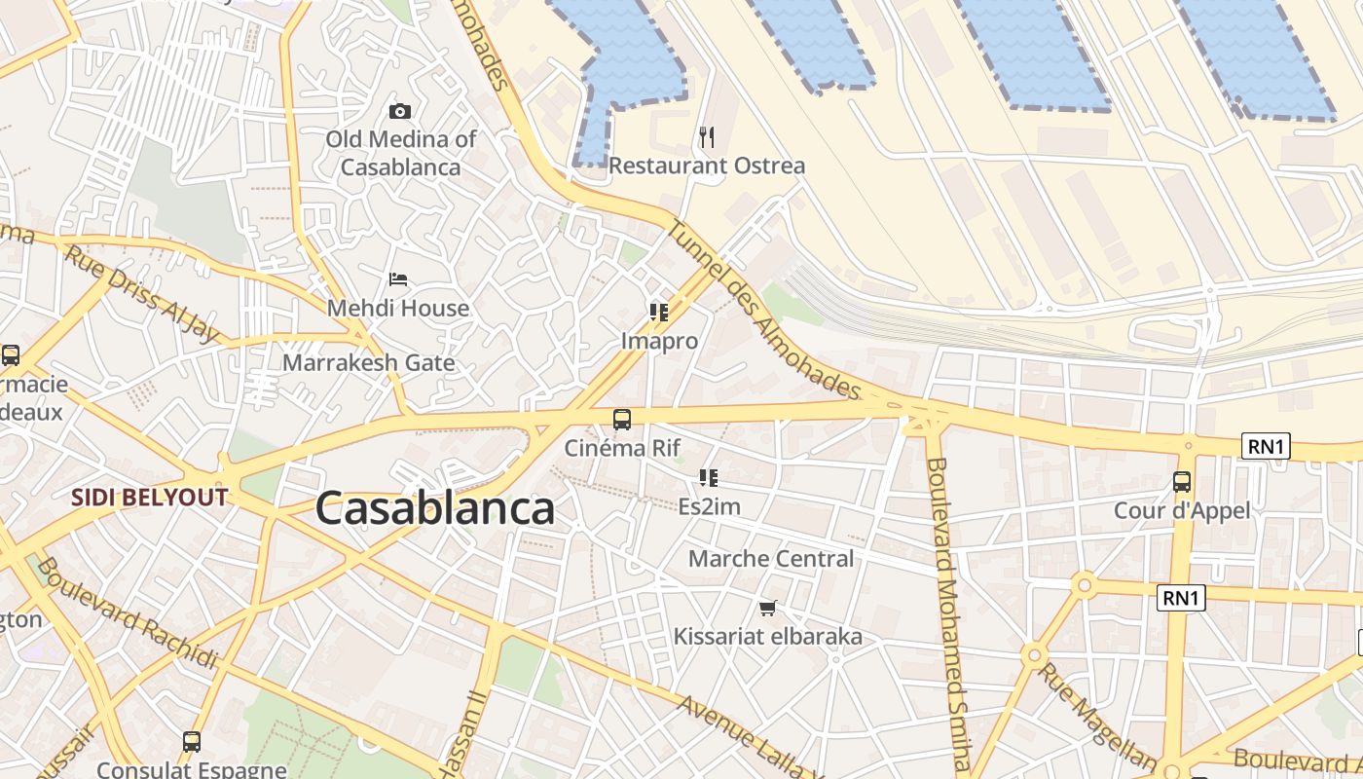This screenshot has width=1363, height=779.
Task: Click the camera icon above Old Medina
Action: pyautogui.click(x=400, y=112)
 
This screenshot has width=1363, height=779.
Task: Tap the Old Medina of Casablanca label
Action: pyautogui.click(x=400, y=153)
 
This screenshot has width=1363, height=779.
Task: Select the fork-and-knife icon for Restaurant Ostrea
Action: pyautogui.click(x=707, y=137)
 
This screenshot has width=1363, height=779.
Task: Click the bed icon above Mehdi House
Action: pyautogui.click(x=398, y=279)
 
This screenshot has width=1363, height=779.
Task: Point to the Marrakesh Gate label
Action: pyautogui.click(x=368, y=363)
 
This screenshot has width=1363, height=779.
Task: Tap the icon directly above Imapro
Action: pyautogui.click(x=659, y=313)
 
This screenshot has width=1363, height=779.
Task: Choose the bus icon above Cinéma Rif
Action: pyautogui.click(x=622, y=420)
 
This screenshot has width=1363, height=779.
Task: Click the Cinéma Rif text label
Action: pyautogui.click(x=622, y=448)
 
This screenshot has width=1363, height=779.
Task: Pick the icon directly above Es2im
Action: pyautogui.click(x=709, y=478)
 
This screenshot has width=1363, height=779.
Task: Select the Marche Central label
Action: pyautogui.click(x=770, y=559)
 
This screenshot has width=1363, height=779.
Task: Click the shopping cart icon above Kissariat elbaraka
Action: pyautogui.click(x=767, y=609)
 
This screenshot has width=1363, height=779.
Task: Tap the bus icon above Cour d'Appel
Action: pyautogui.click(x=1182, y=481)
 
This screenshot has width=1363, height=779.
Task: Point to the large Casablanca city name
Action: pyautogui.click(x=434, y=508)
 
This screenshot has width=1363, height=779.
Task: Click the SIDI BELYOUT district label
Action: pyautogui.click(x=149, y=498)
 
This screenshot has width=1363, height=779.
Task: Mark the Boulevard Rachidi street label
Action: pyautogui.click(x=128, y=614)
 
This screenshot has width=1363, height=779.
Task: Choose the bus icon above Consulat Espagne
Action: pyautogui.click(x=192, y=742)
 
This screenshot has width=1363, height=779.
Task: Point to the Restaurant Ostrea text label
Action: pyautogui.click(x=707, y=166)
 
